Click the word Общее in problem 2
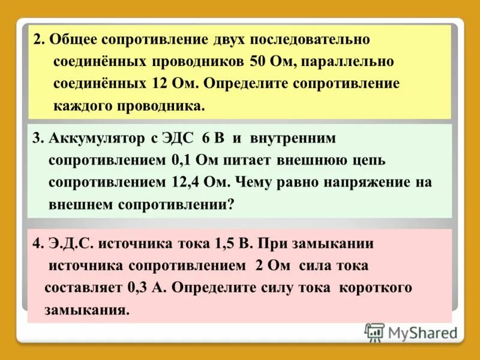74,40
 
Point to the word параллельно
340,62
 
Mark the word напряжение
356,182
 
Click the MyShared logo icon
374,332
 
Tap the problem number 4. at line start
38,244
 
